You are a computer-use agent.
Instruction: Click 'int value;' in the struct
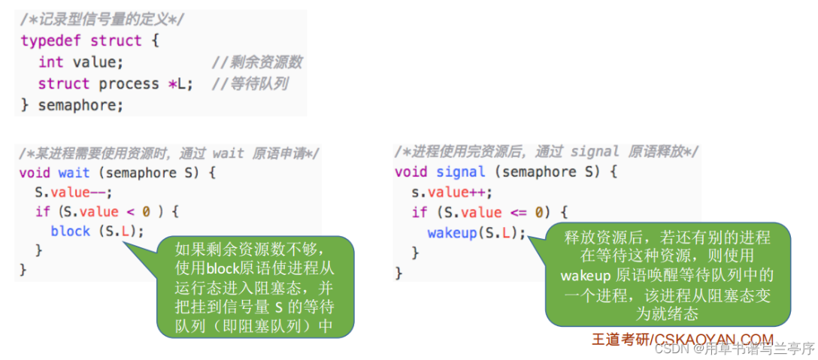80,62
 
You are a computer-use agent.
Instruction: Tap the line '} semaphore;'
71,105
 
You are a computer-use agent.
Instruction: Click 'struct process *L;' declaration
115,83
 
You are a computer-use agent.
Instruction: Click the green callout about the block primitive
255,287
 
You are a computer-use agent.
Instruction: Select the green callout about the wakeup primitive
668,275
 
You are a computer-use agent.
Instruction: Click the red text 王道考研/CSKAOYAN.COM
682,339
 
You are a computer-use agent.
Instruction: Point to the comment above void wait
169,153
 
